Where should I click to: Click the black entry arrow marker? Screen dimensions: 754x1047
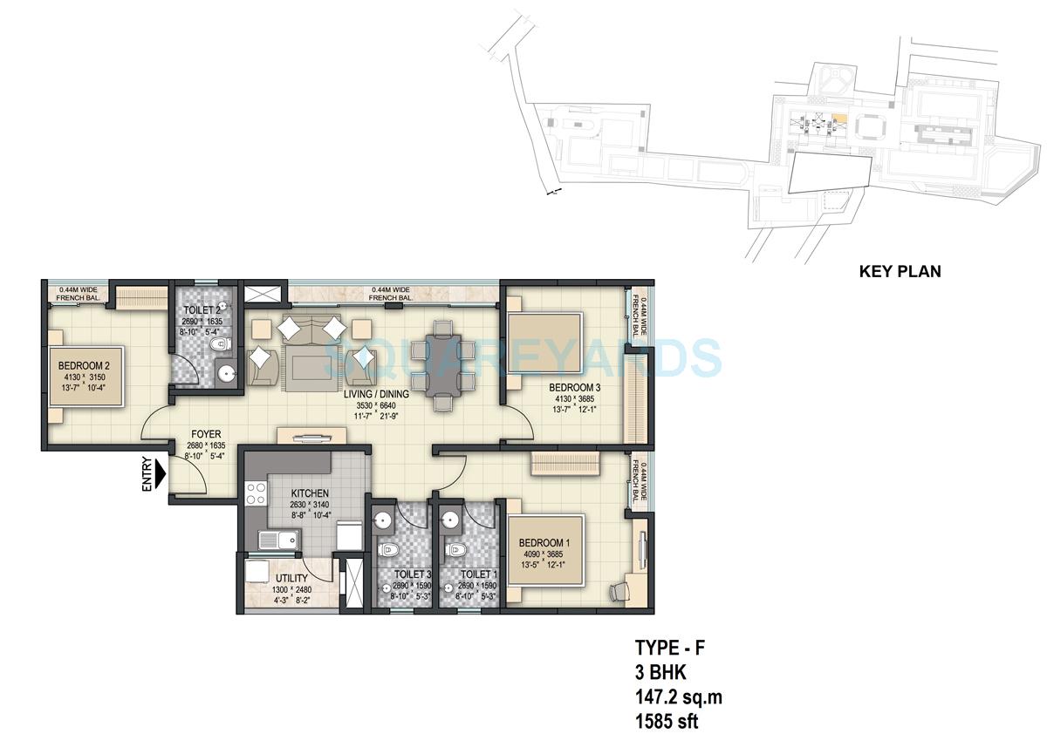point(160,474)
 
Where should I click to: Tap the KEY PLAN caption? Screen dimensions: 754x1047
point(900,271)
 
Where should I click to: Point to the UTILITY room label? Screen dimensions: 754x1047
point(291,578)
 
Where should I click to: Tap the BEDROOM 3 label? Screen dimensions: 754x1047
point(572,387)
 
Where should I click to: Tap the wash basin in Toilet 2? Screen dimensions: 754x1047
point(226,375)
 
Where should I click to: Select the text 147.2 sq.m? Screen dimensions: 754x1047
point(678,696)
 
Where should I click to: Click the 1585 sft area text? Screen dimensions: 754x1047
point(667,721)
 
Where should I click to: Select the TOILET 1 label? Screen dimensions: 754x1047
point(476,574)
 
